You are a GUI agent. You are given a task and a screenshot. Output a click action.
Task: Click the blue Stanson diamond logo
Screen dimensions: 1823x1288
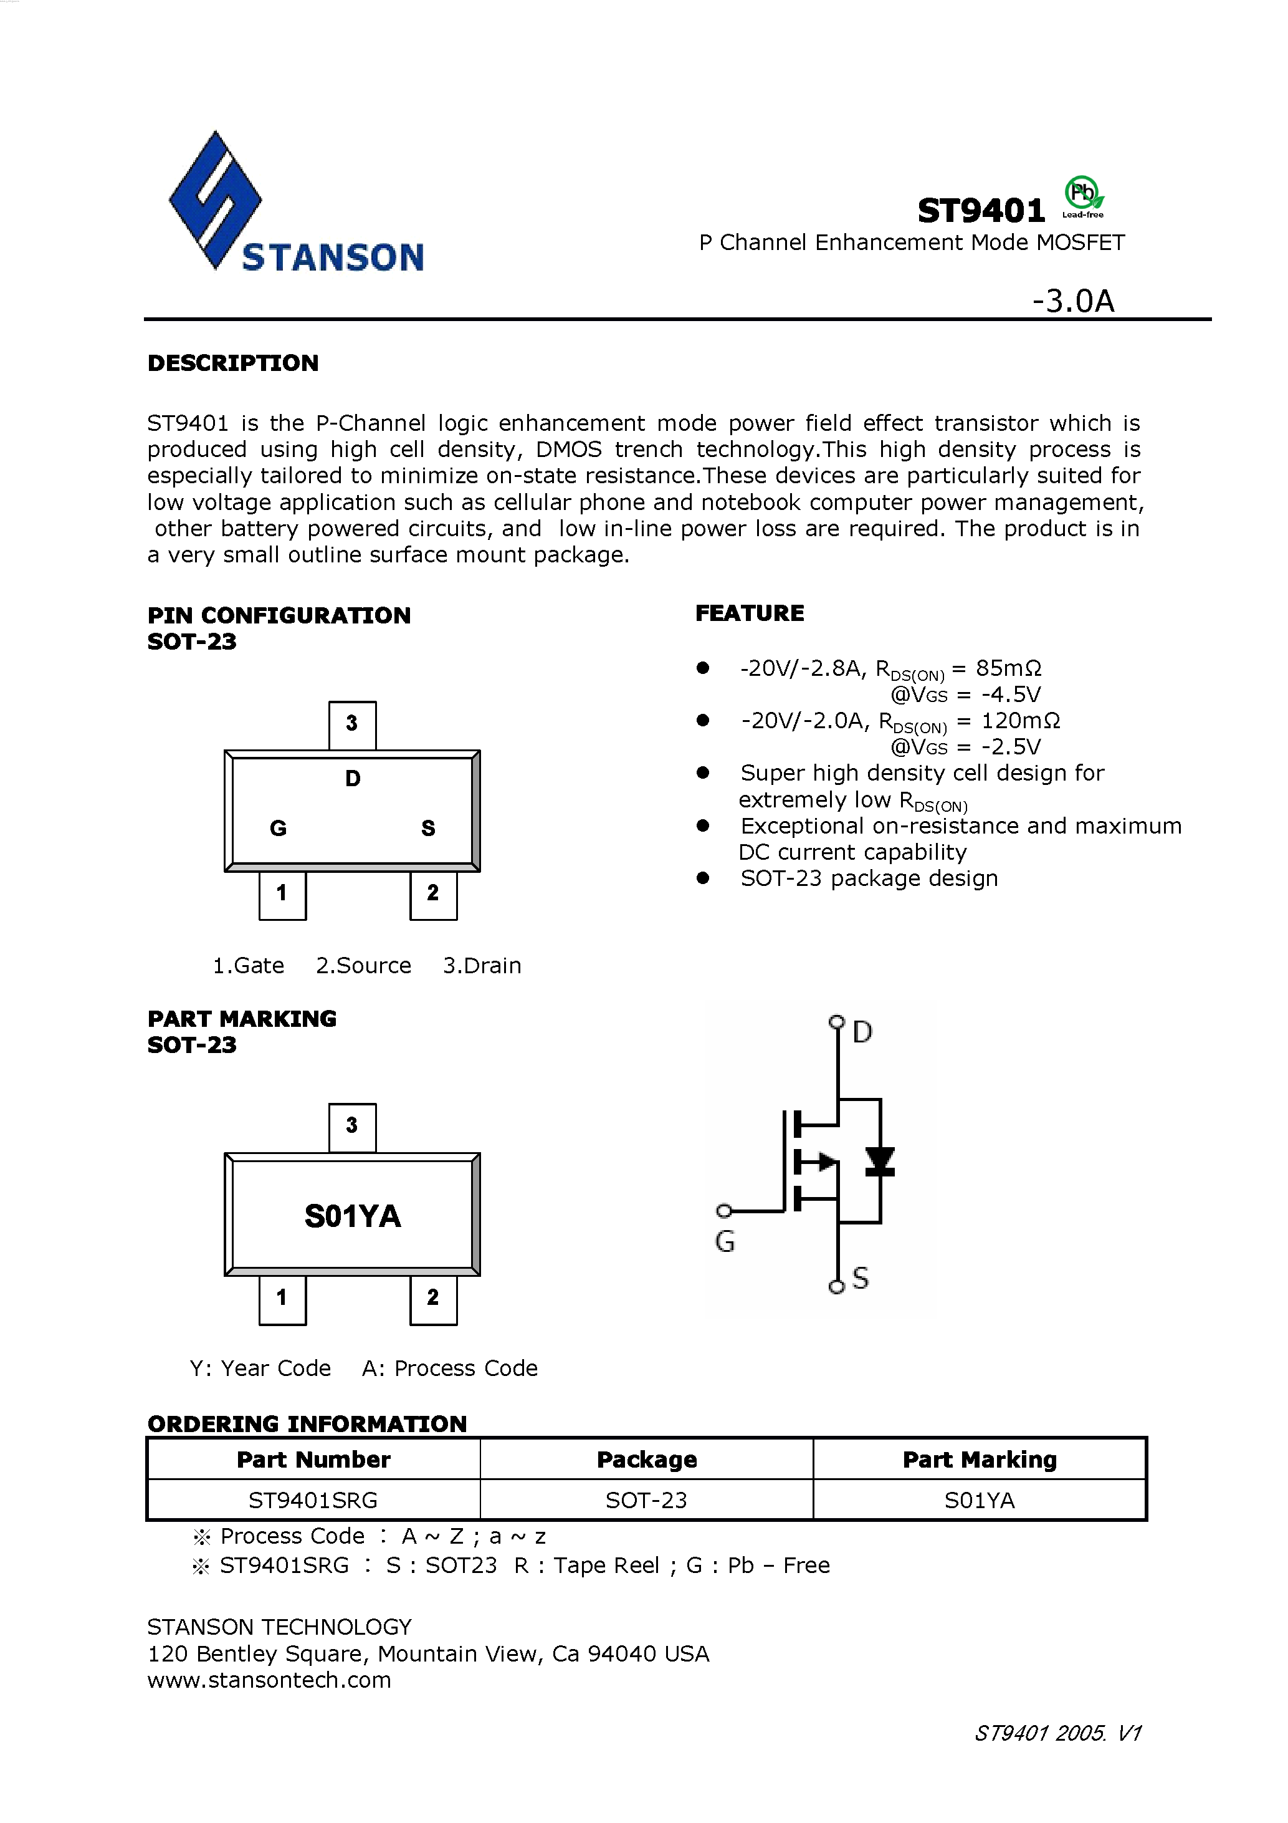tap(214, 200)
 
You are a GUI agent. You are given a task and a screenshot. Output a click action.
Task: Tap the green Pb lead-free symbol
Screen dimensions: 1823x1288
tap(1082, 194)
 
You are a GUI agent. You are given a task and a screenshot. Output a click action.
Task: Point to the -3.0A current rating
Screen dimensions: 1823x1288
tap(1073, 302)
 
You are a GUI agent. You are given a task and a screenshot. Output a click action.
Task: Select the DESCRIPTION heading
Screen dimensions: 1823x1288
tap(232, 363)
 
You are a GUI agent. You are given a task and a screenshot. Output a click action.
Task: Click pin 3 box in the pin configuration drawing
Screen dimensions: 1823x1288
tap(352, 724)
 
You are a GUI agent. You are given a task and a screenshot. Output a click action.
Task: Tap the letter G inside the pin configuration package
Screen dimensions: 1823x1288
tap(278, 828)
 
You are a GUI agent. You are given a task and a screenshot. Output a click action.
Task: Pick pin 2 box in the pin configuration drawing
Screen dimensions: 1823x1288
tap(433, 894)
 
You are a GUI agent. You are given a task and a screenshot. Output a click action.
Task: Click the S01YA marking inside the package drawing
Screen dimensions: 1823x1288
tap(352, 1216)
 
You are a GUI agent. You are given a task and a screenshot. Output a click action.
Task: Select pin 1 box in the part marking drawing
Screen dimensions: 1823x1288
tap(282, 1298)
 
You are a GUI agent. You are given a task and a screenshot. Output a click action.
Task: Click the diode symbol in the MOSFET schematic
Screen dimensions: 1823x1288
tap(879, 1162)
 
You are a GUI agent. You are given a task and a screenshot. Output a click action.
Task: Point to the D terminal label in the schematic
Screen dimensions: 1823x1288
tap(862, 1032)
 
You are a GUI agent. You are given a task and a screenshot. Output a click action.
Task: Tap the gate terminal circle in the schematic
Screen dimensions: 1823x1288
tap(723, 1211)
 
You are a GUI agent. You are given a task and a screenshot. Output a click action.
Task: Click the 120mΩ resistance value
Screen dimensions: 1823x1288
tap(1021, 720)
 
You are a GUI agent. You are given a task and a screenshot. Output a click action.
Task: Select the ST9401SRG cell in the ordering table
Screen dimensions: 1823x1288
tap(313, 1500)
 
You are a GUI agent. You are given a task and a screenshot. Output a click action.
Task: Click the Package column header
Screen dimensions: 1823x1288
tap(646, 1460)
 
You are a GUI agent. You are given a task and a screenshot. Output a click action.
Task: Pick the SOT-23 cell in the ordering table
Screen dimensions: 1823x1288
tap(646, 1500)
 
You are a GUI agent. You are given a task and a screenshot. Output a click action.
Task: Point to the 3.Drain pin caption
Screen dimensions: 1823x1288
tap(482, 966)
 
